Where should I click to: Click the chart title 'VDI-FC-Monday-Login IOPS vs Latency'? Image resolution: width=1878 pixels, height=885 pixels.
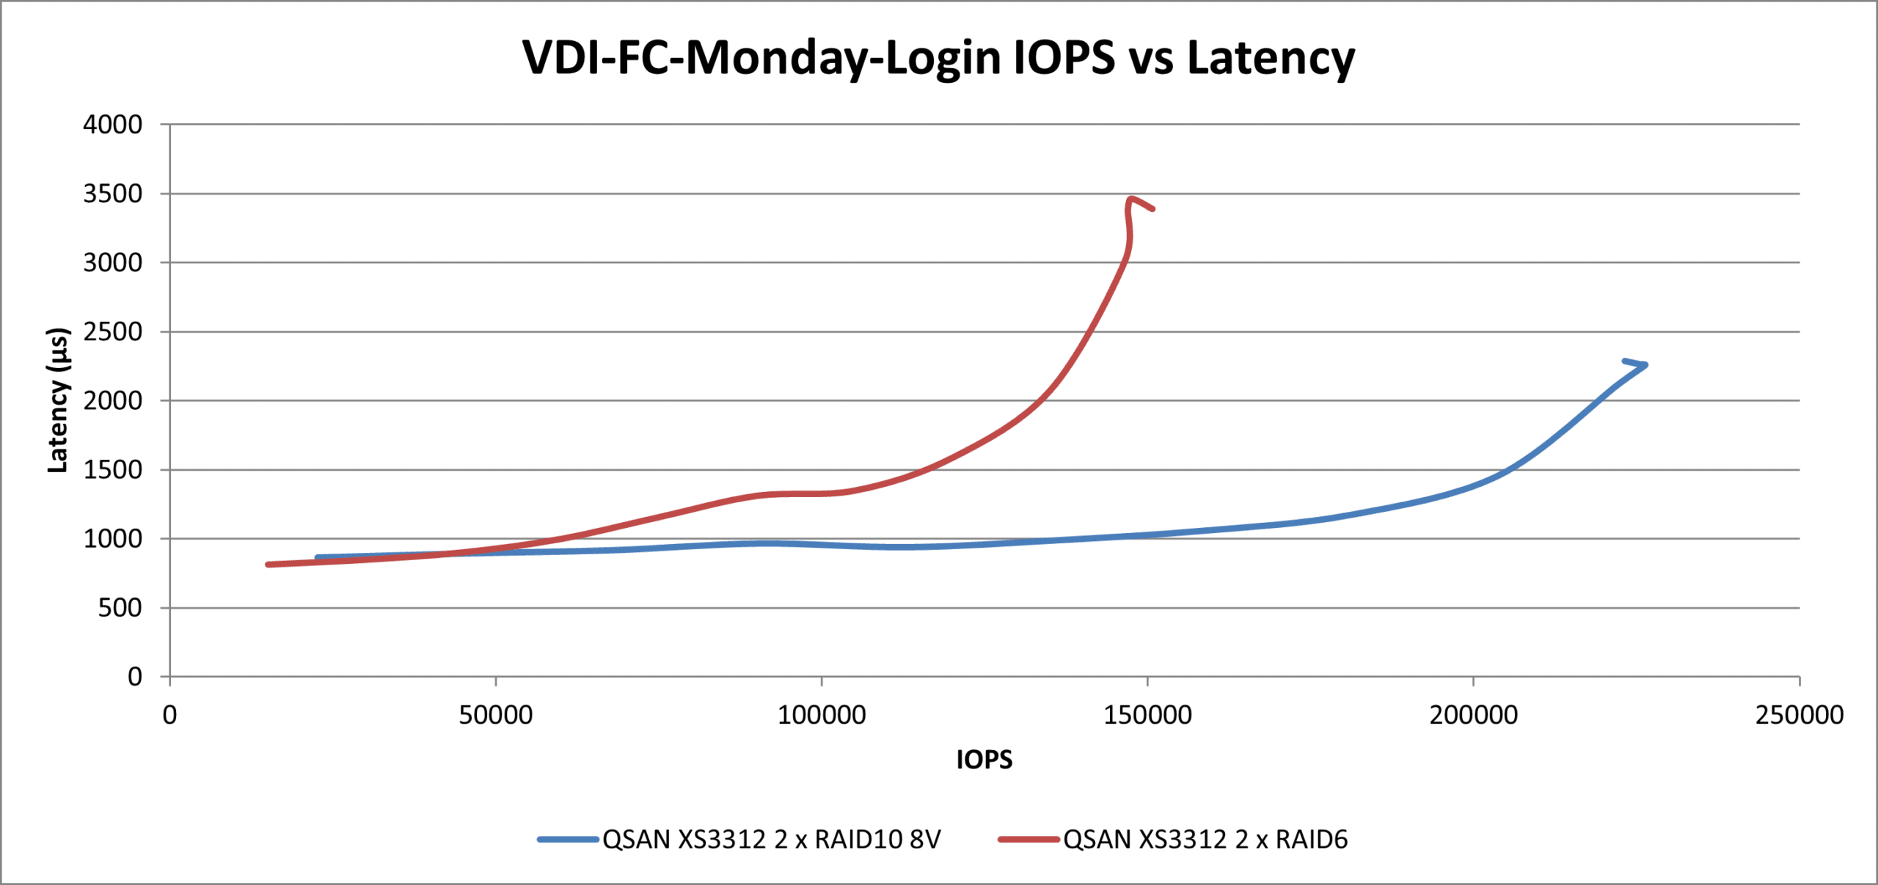pyautogui.click(x=938, y=57)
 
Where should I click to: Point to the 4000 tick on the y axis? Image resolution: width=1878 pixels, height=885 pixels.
pyautogui.click(x=112, y=125)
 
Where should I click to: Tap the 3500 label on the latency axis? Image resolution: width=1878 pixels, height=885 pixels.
pyautogui.click(x=112, y=194)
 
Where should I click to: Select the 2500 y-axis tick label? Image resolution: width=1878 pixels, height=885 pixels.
pyautogui.click(x=112, y=332)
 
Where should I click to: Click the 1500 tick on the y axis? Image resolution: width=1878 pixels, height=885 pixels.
pyautogui.click(x=112, y=470)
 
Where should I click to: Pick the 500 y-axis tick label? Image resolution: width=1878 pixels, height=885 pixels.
pyautogui.click(x=120, y=608)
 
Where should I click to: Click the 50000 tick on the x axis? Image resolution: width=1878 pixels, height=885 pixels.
pyautogui.click(x=496, y=715)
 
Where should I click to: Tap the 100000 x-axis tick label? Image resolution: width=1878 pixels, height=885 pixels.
pyautogui.click(x=822, y=715)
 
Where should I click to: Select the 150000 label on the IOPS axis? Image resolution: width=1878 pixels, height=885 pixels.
pyautogui.click(x=1147, y=715)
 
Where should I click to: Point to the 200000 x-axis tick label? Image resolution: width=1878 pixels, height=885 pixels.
pyautogui.click(x=1473, y=715)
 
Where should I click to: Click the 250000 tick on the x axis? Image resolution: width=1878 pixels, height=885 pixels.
pyautogui.click(x=1799, y=715)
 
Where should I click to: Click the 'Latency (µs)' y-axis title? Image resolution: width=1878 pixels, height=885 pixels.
pyautogui.click(x=57, y=400)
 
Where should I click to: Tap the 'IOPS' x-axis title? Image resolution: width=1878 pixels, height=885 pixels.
pyautogui.click(x=984, y=760)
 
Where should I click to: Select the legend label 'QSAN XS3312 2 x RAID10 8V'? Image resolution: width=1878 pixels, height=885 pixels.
pyautogui.click(x=771, y=840)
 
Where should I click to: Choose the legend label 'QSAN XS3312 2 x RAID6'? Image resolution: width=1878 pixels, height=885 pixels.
pyautogui.click(x=1205, y=840)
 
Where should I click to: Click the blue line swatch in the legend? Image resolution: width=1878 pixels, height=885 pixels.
pyautogui.click(x=568, y=840)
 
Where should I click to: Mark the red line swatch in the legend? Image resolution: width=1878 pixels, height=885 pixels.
pyautogui.click(x=1028, y=840)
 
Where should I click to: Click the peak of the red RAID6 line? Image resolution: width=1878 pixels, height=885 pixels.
pyautogui.click(x=1132, y=198)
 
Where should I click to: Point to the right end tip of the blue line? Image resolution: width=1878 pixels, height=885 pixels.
pyautogui.click(x=1646, y=364)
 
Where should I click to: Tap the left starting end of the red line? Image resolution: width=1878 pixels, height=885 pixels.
pyautogui.click(x=268, y=565)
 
